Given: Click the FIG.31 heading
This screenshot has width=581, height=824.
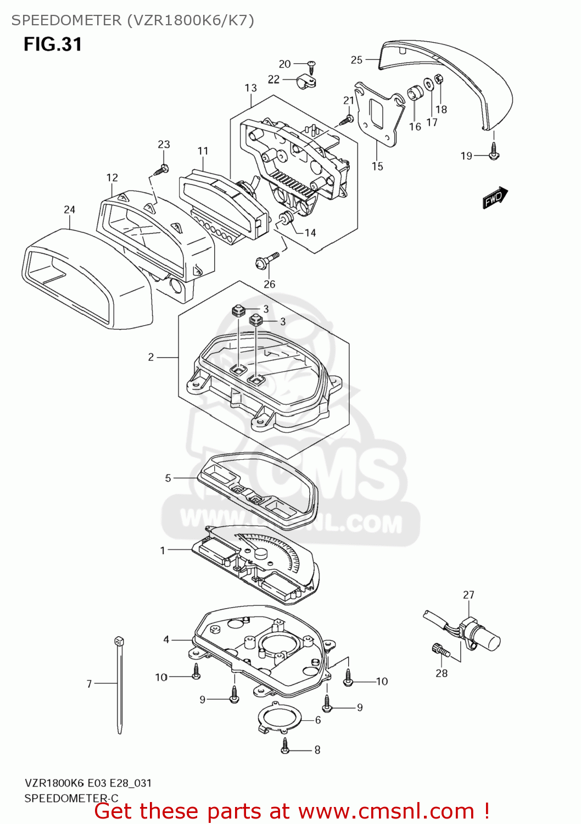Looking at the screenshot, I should coord(53,44).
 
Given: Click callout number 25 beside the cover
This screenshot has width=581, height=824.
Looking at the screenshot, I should coord(356,60).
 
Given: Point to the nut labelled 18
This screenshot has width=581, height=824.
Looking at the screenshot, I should coord(438,79).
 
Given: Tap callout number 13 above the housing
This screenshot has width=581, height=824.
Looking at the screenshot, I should coord(250,88).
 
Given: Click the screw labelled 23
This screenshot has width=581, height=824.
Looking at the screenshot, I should coord(163,169).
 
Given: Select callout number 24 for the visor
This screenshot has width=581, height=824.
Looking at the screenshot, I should coord(69,209).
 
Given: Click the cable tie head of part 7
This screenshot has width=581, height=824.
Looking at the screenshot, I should coord(119,641).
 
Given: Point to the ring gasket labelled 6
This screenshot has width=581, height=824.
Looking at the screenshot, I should coord(280,717).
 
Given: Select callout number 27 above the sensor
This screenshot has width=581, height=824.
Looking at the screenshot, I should coord(468,595).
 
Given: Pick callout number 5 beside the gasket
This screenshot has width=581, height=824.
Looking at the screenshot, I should coord(168,478).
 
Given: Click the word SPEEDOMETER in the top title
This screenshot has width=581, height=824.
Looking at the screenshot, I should coord(66,20).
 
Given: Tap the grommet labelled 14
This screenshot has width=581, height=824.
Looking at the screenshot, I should coord(286,219).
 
